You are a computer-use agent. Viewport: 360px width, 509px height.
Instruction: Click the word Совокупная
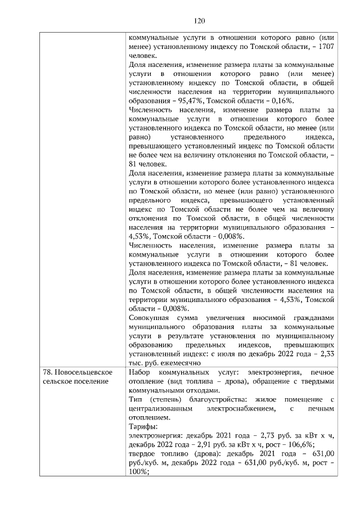click(148, 318)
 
